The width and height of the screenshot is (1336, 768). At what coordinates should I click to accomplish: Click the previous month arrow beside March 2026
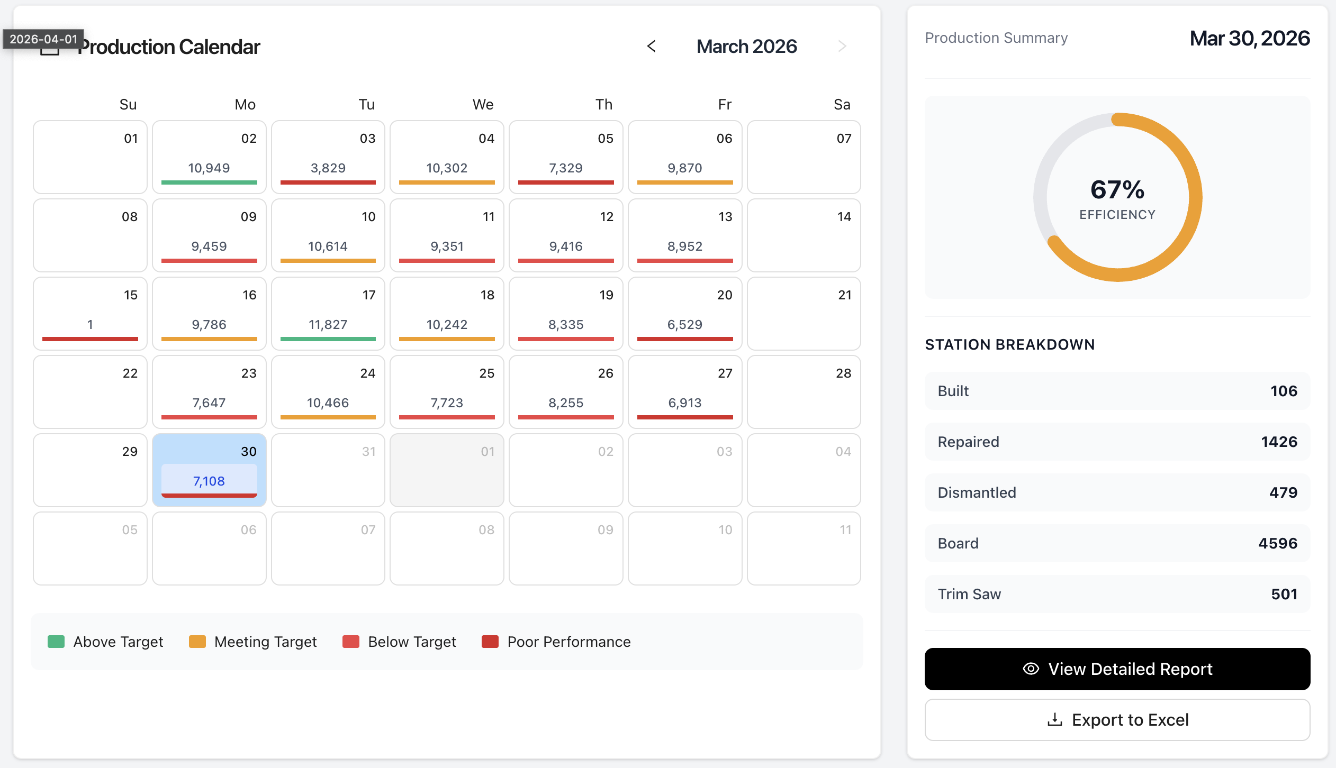652,47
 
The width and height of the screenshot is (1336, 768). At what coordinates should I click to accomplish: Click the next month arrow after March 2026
842,47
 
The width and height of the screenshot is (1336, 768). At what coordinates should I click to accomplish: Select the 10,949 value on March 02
209,168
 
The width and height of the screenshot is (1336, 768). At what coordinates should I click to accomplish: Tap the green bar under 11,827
328,339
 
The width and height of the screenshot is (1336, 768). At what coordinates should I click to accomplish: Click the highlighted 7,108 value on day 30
209,481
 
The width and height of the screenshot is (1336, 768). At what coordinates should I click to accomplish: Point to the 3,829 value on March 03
328,168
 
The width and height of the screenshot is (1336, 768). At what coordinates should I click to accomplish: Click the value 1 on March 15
90,325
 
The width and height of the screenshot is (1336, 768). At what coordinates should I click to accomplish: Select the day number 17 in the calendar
369,295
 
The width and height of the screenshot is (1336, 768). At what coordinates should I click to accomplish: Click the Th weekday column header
603,104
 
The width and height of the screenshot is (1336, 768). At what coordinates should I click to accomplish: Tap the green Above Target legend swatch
56,642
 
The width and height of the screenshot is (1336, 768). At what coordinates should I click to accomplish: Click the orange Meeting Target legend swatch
197,642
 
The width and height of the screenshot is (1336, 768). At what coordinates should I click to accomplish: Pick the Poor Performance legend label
568,642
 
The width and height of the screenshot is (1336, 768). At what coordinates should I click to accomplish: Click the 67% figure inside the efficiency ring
1117,190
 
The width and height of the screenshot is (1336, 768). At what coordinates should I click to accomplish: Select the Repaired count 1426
1279,442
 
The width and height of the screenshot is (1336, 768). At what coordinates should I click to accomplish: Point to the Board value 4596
1277,543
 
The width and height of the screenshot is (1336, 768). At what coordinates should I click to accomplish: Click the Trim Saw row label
969,594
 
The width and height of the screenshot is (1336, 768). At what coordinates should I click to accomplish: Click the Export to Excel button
1117,720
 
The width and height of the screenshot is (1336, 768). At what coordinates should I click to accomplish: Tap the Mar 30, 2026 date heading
1249,38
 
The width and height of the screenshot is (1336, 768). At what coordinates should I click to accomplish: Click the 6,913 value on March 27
684,403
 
